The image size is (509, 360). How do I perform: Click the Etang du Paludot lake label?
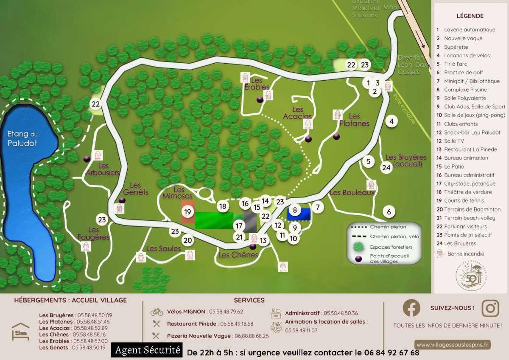[x=22, y=138]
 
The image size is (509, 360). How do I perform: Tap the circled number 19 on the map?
[x=188, y=211]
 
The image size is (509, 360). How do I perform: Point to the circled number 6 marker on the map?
[x=389, y=211]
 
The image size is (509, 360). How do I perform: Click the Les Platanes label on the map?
[x=354, y=120]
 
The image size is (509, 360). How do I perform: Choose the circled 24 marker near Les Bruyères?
[x=386, y=168]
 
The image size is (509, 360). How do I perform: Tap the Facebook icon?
[x=411, y=308]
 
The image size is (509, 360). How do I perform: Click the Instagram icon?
[x=490, y=308]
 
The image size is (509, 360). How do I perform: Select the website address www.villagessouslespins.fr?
[x=452, y=345]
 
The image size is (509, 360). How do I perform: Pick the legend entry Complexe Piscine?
[x=465, y=90]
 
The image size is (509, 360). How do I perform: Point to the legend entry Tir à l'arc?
[x=456, y=64]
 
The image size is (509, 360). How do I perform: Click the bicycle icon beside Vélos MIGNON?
[x=157, y=312]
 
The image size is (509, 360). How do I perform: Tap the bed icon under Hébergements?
[x=21, y=332]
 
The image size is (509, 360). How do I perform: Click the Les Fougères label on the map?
[x=93, y=233]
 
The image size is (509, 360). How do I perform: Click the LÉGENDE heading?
[x=470, y=16]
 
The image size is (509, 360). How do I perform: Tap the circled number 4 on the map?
[x=392, y=121]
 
